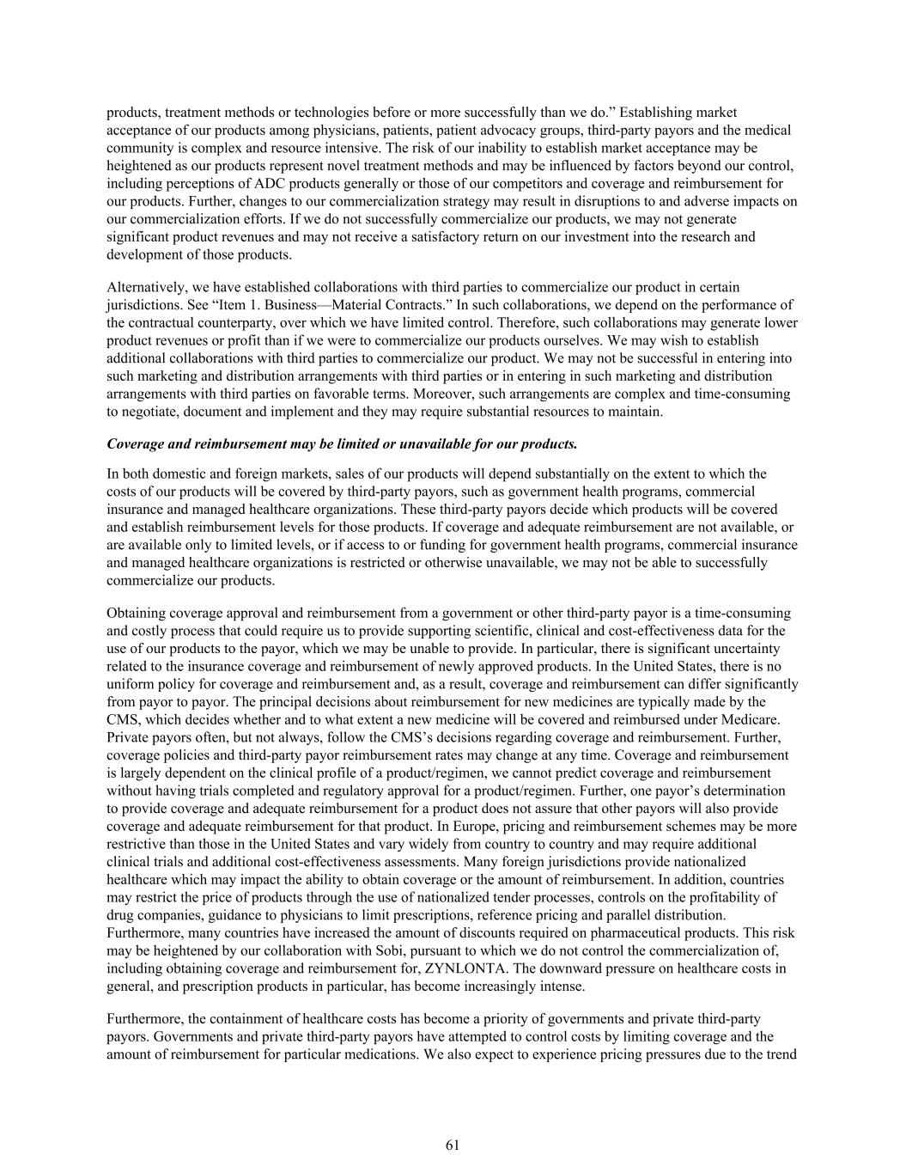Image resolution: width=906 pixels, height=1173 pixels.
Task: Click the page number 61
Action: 453,1145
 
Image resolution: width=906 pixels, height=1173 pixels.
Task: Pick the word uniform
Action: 130,684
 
